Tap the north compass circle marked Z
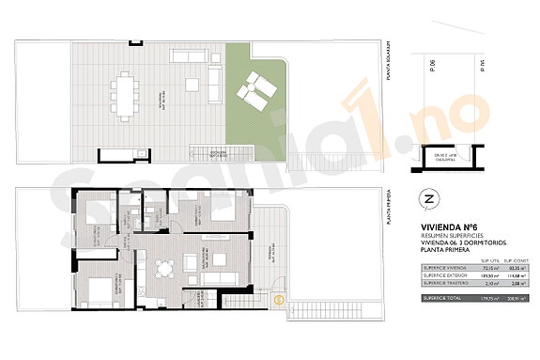point(428,198)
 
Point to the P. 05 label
point(483,64)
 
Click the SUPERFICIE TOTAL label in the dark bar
point(441,299)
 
